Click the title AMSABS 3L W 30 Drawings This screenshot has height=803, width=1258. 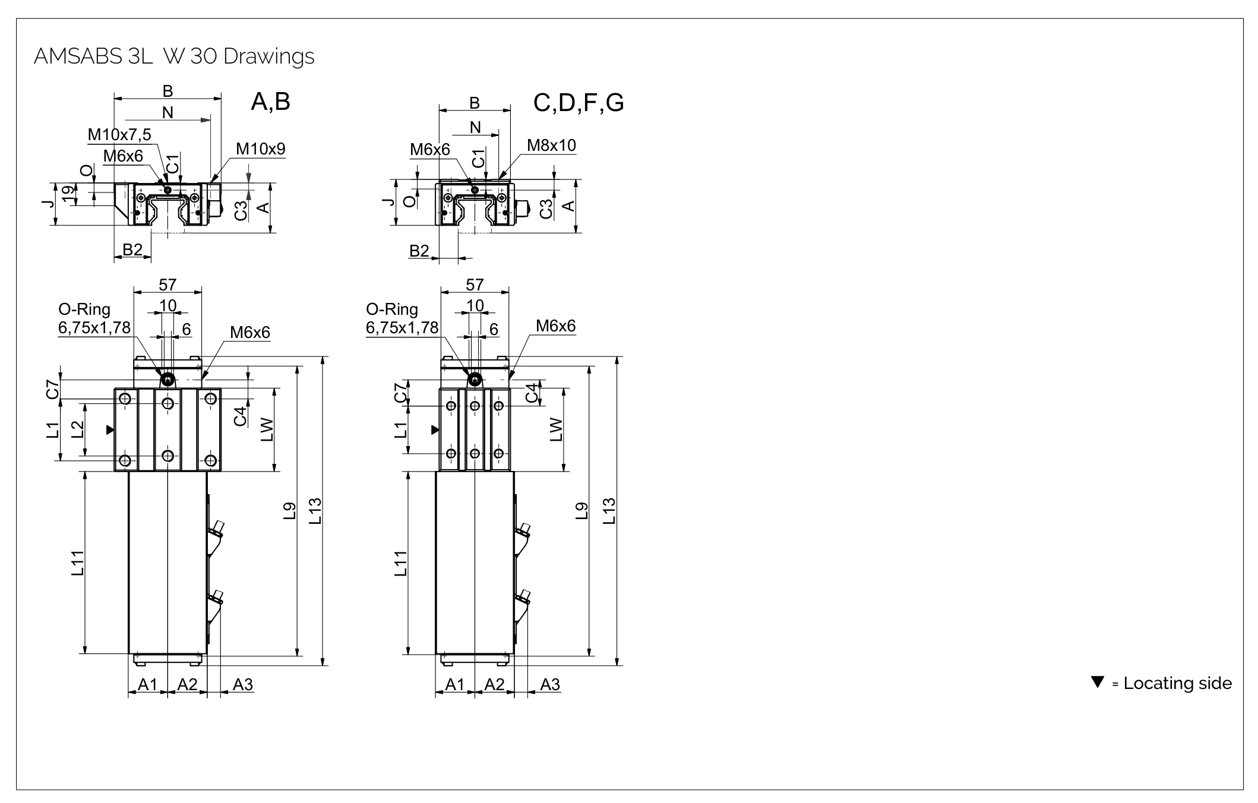[174, 56]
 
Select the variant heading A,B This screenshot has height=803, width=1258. [270, 102]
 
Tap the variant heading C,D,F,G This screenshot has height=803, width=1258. [579, 103]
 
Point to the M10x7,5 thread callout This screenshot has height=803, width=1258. [119, 135]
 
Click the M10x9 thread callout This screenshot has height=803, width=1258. [261, 149]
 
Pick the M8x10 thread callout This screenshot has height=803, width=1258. [551, 146]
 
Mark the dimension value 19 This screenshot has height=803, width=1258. [69, 195]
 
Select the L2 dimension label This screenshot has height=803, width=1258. [77, 429]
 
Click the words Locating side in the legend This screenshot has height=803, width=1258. [1178, 683]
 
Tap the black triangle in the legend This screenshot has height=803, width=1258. [1098, 682]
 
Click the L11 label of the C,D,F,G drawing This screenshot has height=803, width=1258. [401, 563]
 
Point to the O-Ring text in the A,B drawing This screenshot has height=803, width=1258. [84, 309]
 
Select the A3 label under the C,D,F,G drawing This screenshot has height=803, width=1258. [550, 685]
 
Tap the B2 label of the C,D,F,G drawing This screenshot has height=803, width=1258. [419, 251]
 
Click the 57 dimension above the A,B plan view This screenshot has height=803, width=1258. [167, 285]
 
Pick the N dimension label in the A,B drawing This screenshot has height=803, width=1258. [167, 112]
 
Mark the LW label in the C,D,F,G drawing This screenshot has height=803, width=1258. [555, 429]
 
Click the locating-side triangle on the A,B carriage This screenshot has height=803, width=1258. [110, 429]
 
